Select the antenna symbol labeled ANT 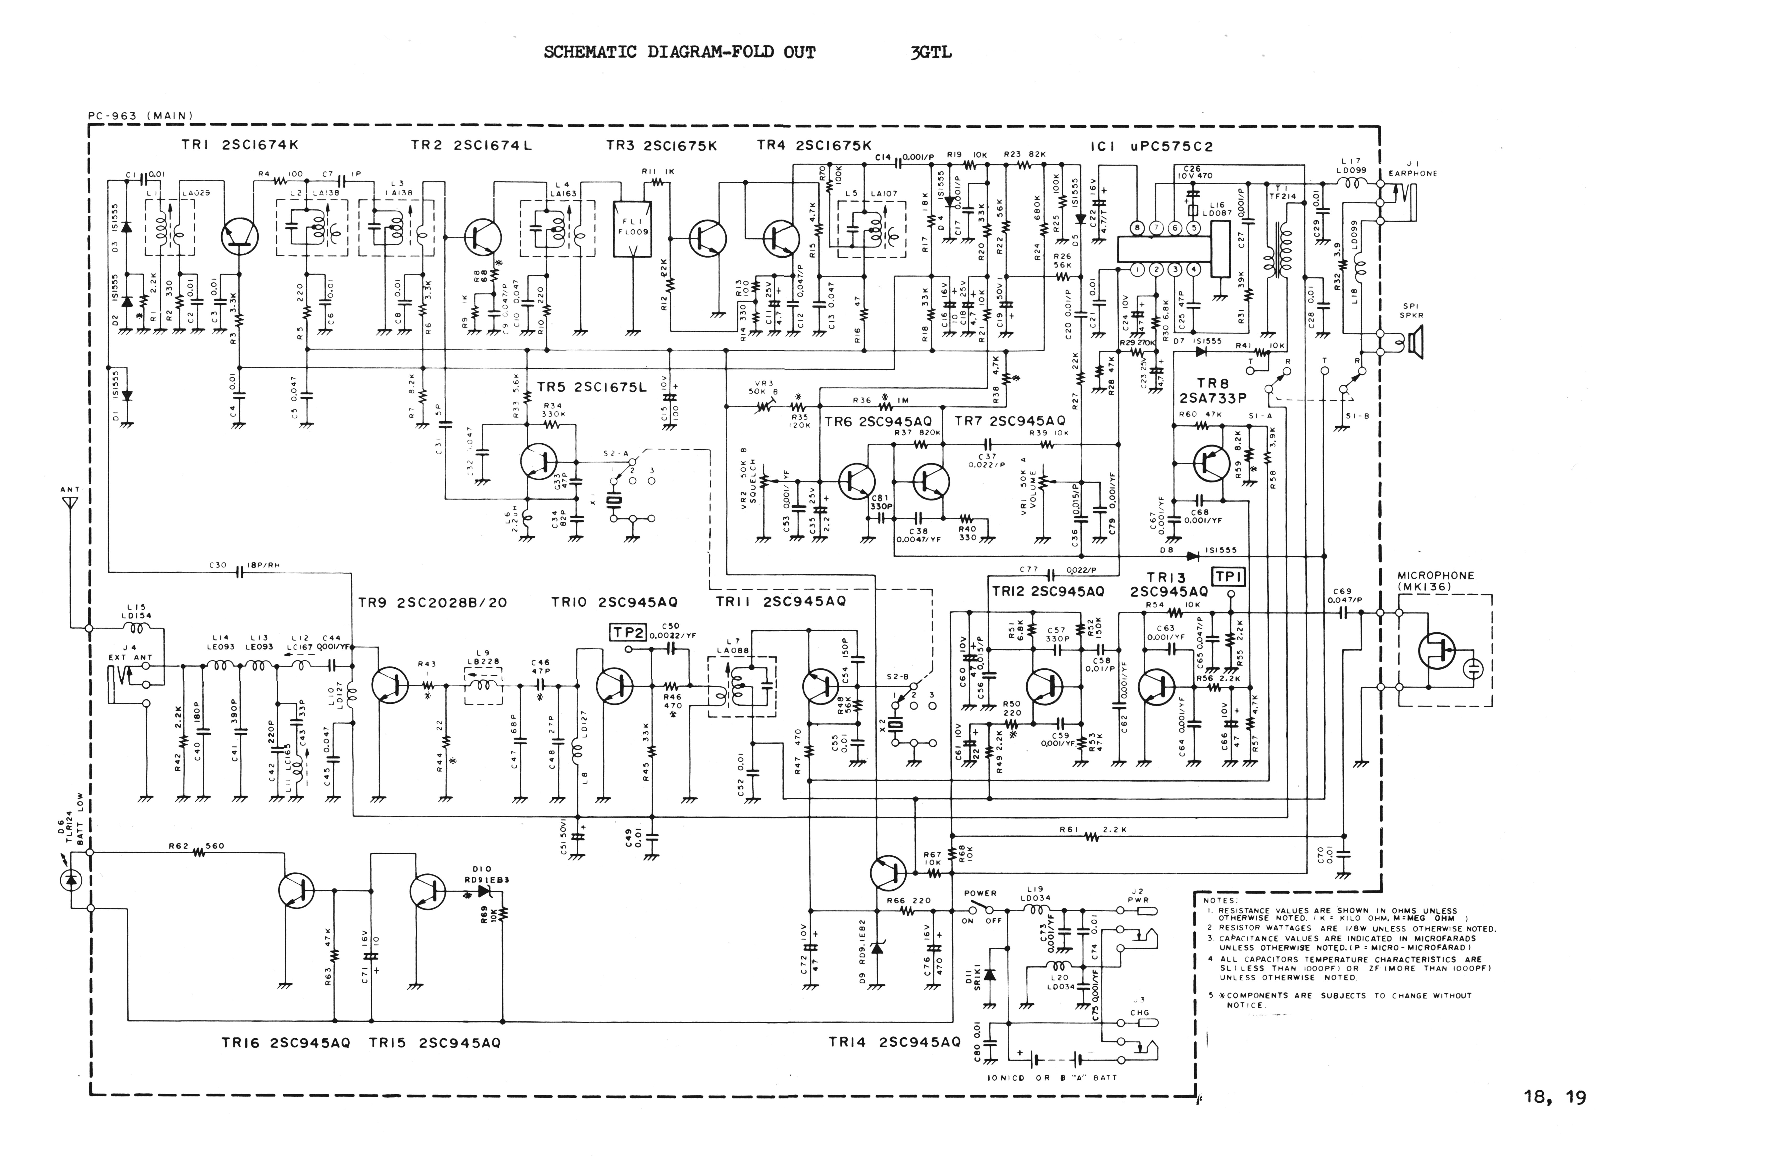pyautogui.click(x=69, y=501)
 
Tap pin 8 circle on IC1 pyautogui.click(x=1138, y=227)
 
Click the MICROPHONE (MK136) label pyautogui.click(x=1436, y=581)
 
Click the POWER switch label pyautogui.click(x=980, y=893)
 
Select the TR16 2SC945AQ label pyautogui.click(x=285, y=1042)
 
